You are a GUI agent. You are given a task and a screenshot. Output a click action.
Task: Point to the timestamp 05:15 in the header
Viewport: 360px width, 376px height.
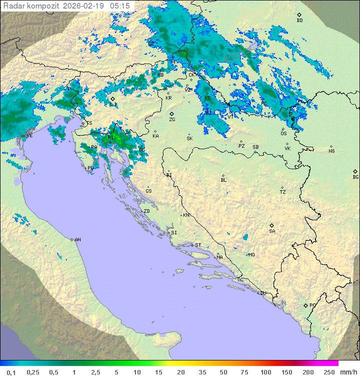click(x=120, y=6)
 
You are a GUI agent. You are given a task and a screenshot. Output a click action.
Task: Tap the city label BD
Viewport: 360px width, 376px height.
click(x=299, y=21)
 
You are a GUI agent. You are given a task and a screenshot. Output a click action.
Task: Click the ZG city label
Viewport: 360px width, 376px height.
click(x=172, y=120)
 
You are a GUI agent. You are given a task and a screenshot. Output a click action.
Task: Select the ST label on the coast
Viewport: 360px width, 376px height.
click(x=198, y=245)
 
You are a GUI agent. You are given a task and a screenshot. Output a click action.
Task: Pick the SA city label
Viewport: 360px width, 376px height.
click(x=272, y=231)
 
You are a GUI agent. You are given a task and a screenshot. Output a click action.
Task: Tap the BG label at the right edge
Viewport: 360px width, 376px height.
click(x=355, y=177)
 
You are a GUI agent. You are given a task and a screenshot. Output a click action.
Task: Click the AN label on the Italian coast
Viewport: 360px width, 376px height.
click(x=77, y=240)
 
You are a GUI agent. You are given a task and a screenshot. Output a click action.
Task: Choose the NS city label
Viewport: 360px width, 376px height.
click(x=331, y=151)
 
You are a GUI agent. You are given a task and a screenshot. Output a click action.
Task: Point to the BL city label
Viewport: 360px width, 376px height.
click(x=223, y=180)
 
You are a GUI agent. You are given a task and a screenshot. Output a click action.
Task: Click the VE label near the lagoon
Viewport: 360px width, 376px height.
click(x=29, y=136)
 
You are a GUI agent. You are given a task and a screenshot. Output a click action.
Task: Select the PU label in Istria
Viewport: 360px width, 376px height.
click(x=90, y=168)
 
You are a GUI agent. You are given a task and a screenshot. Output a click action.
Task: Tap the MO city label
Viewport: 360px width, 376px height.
click(x=251, y=254)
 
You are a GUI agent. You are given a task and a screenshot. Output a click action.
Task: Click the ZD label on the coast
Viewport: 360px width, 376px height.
click(x=146, y=211)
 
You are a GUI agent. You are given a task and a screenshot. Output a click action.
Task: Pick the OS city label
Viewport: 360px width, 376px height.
click(x=283, y=134)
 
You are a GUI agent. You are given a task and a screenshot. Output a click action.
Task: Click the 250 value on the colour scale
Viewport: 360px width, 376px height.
click(x=328, y=372)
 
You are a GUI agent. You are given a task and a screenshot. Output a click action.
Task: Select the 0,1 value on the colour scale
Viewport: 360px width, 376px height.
click(x=10, y=372)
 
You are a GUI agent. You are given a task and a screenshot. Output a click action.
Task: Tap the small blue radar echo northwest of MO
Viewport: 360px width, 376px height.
click(x=245, y=237)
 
